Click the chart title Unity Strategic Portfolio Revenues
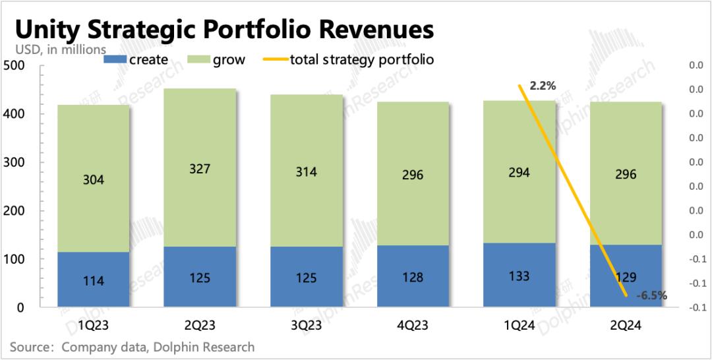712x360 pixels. tap(224, 30)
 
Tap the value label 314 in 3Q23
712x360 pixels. tap(307, 172)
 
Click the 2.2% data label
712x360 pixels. tap(543, 86)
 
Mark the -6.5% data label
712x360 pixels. tap(651, 296)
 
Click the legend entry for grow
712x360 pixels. tap(218, 60)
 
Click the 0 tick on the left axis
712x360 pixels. tap(20, 308)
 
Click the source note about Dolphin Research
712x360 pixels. tap(132, 347)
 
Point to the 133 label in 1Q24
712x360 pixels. tap(519, 276)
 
